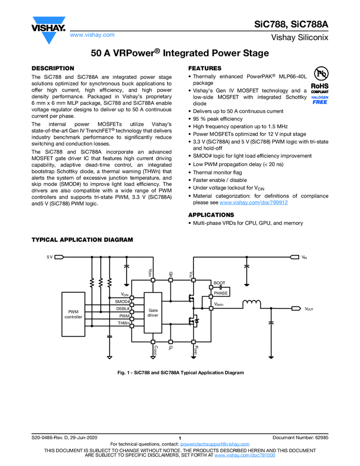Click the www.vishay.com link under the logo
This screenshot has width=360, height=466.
coord(93,35)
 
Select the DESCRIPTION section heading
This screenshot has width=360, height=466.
coord(53,68)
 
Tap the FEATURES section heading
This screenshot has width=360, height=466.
coord(204,68)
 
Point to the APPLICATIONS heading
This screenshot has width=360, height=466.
coord(211,215)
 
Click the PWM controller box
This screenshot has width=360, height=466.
coord(73,314)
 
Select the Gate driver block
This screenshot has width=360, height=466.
coord(153,312)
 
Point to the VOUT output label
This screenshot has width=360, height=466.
coord(310,309)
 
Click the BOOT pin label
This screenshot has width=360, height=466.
coord(219,282)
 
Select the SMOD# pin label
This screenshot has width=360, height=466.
coord(122,302)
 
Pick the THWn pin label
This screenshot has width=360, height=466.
coord(123,323)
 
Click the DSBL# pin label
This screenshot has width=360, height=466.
coord(123,309)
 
